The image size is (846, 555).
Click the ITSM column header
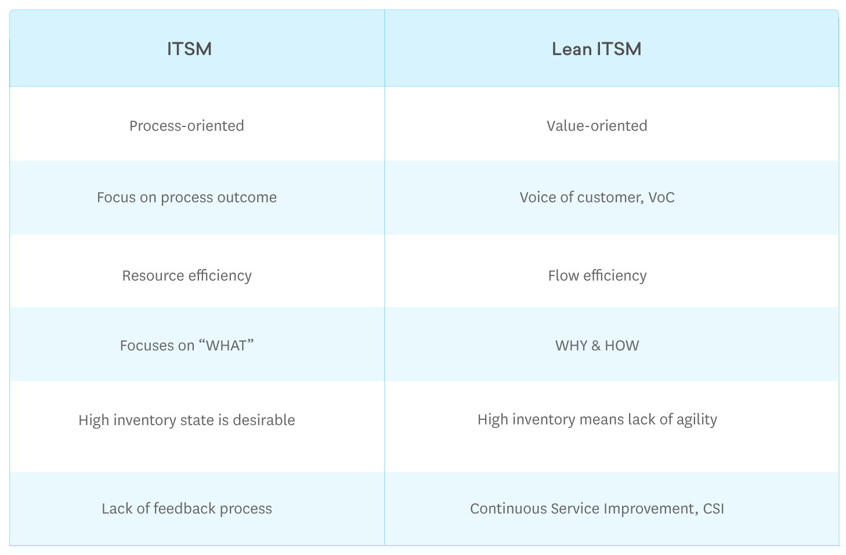click(x=189, y=49)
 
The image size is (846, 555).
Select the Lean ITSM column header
click(x=596, y=49)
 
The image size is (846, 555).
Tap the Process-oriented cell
click(x=186, y=126)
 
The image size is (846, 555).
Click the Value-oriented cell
click(x=596, y=126)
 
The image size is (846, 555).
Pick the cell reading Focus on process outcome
click(x=186, y=198)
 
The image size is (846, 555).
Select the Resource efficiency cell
click(x=186, y=275)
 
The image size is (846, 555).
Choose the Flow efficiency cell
click(x=596, y=275)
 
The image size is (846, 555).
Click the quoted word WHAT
click(x=226, y=346)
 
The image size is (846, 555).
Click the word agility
click(x=696, y=420)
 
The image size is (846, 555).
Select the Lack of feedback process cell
click(x=186, y=509)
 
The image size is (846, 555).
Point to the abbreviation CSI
click(x=713, y=509)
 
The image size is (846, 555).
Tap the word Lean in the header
click(x=571, y=49)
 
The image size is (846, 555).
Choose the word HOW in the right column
click(x=621, y=346)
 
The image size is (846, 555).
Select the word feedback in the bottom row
click(x=185, y=509)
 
